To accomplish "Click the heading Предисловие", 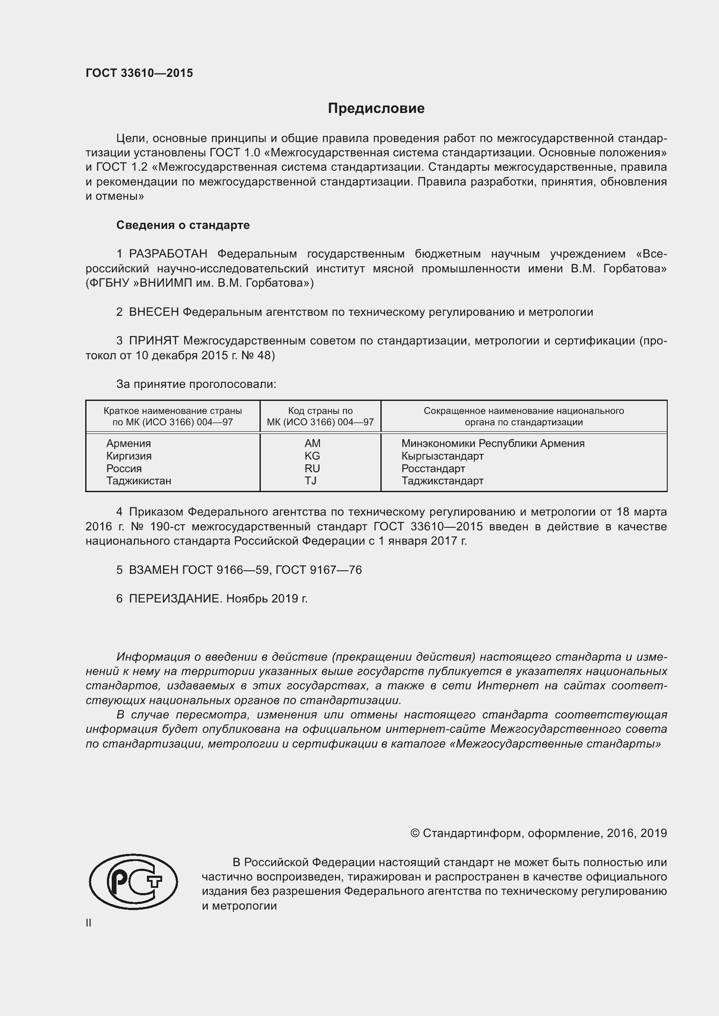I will tap(376, 109).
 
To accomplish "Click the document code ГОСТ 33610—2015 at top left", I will tap(139, 73).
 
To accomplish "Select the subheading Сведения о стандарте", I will tap(183, 225).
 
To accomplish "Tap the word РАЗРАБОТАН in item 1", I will tap(168, 254).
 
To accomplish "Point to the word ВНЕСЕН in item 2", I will tap(153, 312).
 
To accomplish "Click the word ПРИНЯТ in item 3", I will tap(153, 341).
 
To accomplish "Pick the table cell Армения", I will tap(128, 443).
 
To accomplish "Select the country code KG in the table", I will tap(312, 456).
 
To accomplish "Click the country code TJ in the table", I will tap(310, 480).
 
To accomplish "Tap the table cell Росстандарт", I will tap(433, 468).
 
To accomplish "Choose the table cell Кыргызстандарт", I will tap(442, 456).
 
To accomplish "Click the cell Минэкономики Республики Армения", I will tap(493, 443).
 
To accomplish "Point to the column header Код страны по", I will tap(320, 410).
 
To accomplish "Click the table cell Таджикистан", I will tap(139, 480).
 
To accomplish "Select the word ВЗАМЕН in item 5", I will tap(153, 570).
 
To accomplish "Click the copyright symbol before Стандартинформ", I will tap(415, 833).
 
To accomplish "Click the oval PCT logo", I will tap(133, 882).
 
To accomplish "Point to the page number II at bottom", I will tap(89, 923).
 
